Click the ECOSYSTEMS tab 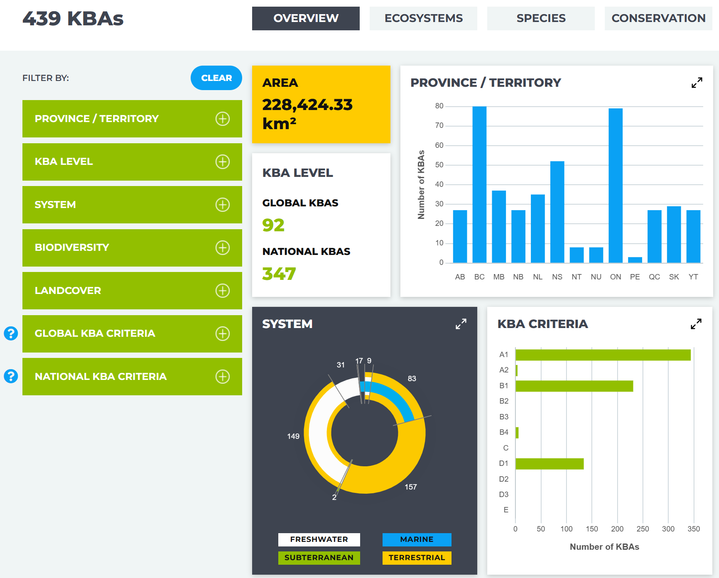point(423,18)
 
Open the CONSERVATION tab point(658,18)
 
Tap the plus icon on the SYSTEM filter point(223,205)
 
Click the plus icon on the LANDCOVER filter point(223,291)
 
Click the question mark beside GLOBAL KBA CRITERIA point(11,333)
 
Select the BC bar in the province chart point(479,185)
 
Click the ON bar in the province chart point(616,186)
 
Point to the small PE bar point(635,260)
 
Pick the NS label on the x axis point(557,277)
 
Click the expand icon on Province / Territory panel point(697,83)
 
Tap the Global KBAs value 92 point(273,225)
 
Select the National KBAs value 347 point(279,274)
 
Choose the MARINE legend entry point(417,539)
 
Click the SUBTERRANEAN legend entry point(319,558)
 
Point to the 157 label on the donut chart point(411,487)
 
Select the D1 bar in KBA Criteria point(550,464)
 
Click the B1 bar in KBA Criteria point(574,386)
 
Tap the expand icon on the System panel point(461,324)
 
